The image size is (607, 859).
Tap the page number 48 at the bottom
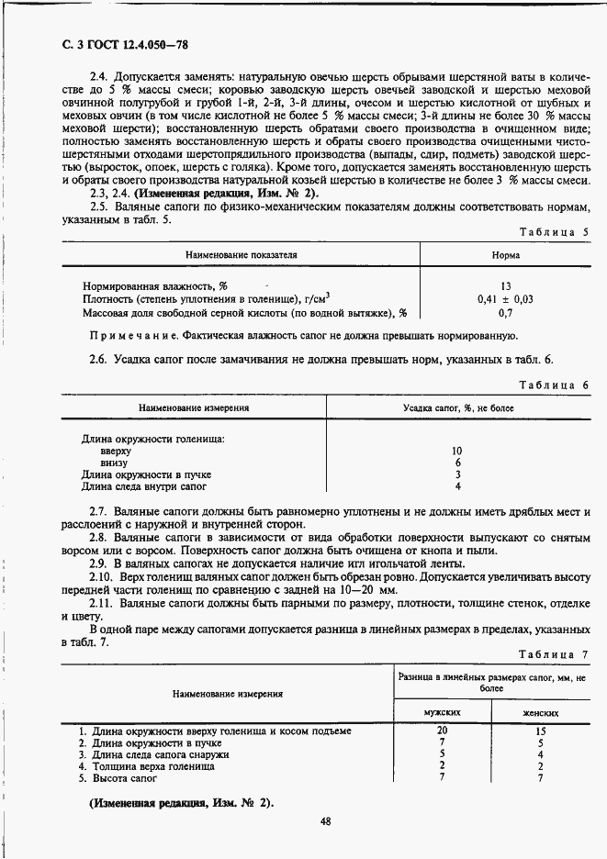[325, 821]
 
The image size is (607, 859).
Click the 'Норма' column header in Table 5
[505, 255]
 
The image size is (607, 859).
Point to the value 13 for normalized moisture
[505, 286]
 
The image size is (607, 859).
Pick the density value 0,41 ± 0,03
[505, 299]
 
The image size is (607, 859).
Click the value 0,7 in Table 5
[505, 313]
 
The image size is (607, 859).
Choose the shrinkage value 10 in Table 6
[457, 451]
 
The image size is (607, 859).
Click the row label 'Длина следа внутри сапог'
[144, 486]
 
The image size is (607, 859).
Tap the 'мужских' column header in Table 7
[442, 712]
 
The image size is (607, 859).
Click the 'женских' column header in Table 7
[541, 712]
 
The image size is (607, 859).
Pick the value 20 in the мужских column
[442, 730]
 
